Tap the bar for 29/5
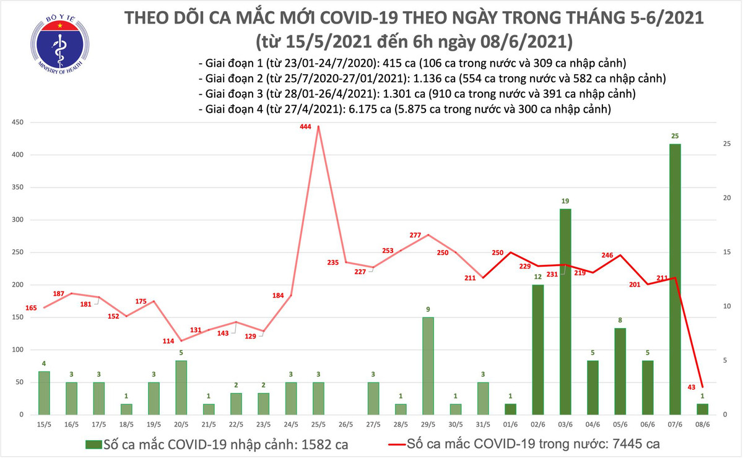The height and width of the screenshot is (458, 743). pos(428,365)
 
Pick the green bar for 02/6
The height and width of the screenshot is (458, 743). pos(537,349)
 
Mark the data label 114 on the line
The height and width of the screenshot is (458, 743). pos(168,342)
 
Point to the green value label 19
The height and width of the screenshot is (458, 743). pos(565,201)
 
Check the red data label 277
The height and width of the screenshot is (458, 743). pos(415,236)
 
